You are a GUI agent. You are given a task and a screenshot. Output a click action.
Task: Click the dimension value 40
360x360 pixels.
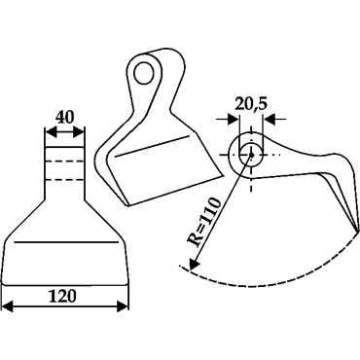coord(65,118)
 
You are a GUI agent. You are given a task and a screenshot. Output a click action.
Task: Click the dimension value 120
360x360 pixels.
coord(62,296)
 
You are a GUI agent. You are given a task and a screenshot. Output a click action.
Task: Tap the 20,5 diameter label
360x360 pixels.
coord(251,104)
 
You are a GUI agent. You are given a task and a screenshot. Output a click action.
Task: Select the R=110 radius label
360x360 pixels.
coord(204,223)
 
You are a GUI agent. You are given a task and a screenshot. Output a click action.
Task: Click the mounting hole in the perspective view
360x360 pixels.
coord(144,72)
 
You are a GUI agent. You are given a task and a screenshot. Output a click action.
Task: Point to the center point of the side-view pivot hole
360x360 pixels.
coord(251,155)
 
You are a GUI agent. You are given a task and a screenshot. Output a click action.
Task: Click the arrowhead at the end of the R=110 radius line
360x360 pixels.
coord(193,264)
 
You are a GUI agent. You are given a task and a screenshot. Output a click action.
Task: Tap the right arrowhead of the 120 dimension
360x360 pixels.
coord(123,306)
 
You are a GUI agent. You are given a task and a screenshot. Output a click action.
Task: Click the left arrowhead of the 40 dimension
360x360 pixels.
coord(50,132)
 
